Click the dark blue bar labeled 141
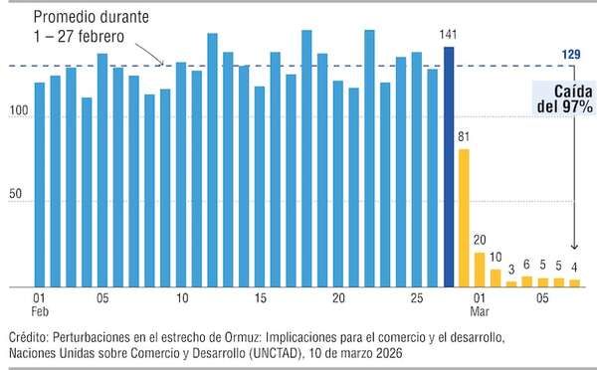tap(449, 167)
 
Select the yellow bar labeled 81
tap(464, 218)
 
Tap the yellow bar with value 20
tap(480, 270)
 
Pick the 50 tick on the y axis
tap(23, 202)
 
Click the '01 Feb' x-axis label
tap(39, 304)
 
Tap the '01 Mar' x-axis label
tap(480, 304)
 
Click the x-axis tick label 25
tap(416, 297)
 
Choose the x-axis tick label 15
tap(260, 297)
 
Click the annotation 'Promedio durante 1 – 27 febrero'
tap(91, 27)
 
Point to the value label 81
tap(464, 136)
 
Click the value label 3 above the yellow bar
tap(511, 270)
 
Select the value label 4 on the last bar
tap(574, 267)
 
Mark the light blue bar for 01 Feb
tap(39, 185)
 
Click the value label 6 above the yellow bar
tap(526, 265)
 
